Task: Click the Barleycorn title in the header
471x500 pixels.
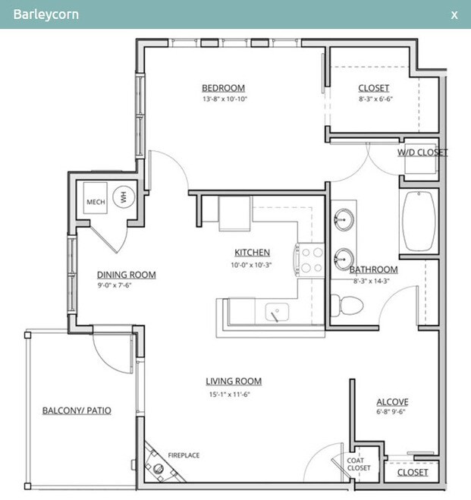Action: (46, 14)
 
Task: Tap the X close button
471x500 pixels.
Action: (454, 15)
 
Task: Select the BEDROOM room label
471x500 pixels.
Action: (224, 88)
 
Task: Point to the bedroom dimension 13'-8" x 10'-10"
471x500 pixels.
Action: (225, 99)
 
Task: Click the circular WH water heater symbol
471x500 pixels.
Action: (124, 197)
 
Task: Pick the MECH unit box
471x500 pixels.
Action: (96, 198)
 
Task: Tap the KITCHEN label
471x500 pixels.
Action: (252, 253)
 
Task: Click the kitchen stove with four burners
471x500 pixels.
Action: (309, 260)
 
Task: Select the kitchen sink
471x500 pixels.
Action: (277, 312)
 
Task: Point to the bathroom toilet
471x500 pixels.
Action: (347, 305)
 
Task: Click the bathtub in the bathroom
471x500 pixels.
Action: (419, 222)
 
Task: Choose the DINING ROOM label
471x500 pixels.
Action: (126, 275)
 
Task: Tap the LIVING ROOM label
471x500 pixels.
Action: (234, 382)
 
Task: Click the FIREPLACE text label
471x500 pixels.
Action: (184, 455)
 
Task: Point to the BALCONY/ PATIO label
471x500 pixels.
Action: (77, 410)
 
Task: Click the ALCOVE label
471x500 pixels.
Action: (392, 402)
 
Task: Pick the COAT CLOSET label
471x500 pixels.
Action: (359, 464)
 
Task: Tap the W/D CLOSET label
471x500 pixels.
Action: (422, 153)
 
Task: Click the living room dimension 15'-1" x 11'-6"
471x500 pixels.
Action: (230, 395)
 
